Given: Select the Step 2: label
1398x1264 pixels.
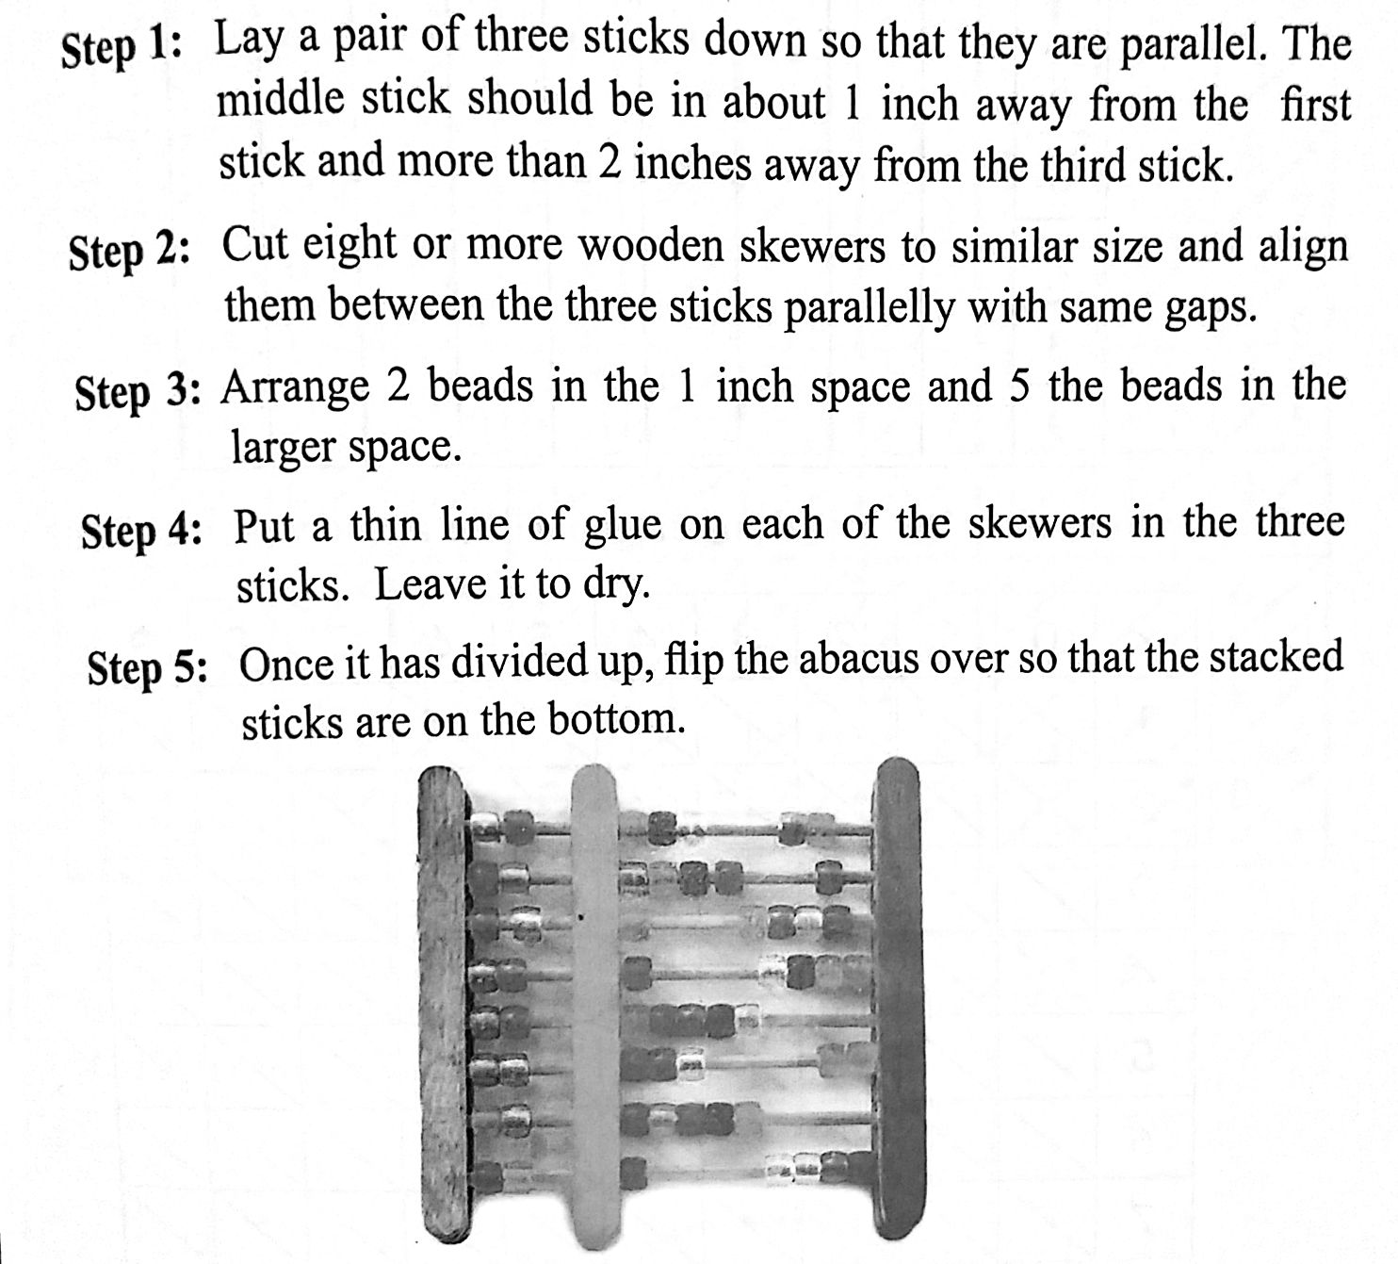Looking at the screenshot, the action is (x=129, y=252).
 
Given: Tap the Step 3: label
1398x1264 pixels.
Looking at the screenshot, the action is (x=138, y=392).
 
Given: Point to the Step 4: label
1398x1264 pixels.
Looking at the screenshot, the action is (x=141, y=532).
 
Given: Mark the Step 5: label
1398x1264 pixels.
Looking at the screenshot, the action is (x=148, y=669).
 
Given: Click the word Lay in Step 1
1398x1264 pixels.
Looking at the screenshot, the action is (x=249, y=41).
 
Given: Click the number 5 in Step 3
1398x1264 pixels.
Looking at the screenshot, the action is (x=1019, y=387).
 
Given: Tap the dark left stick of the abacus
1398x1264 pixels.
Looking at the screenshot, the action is (x=446, y=1005).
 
